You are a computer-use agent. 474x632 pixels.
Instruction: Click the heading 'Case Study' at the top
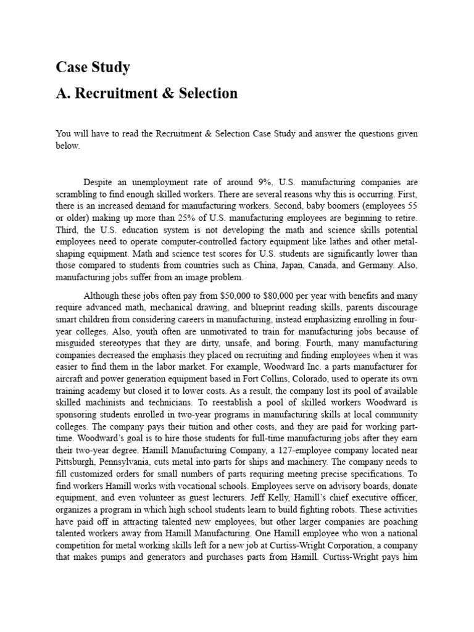tap(93, 67)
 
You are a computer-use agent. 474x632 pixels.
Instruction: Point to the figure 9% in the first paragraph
tap(262, 182)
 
